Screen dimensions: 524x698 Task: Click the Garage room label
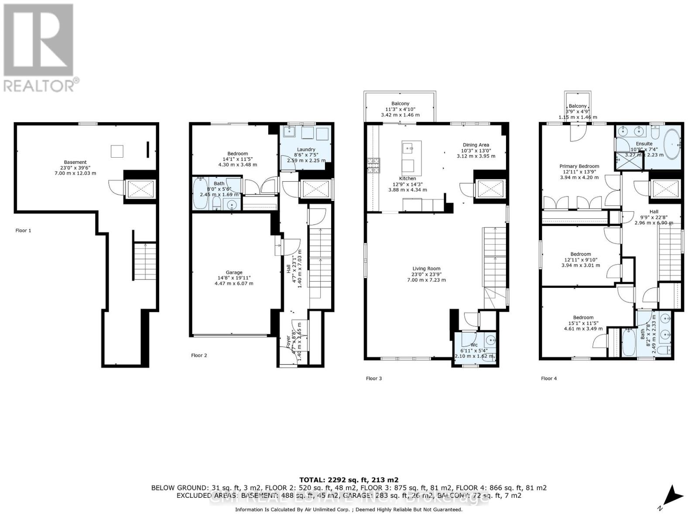tap(234, 273)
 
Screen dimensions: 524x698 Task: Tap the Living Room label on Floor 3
tap(426, 269)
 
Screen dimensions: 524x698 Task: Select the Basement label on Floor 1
tap(75, 162)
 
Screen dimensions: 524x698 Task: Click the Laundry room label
tap(306, 150)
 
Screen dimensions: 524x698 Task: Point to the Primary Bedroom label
tap(579, 166)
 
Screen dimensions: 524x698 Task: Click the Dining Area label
tap(476, 145)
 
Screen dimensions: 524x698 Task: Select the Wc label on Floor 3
tap(474, 345)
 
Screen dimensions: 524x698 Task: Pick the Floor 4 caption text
tap(548, 379)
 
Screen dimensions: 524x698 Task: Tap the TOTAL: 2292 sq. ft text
tap(349, 479)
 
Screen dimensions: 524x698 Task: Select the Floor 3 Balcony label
tap(400, 104)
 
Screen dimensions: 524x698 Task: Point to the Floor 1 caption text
tap(23, 231)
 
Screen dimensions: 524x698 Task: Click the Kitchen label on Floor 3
tap(407, 179)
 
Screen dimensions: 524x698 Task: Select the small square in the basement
tap(117, 151)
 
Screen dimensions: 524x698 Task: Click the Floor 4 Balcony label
tap(578, 106)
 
